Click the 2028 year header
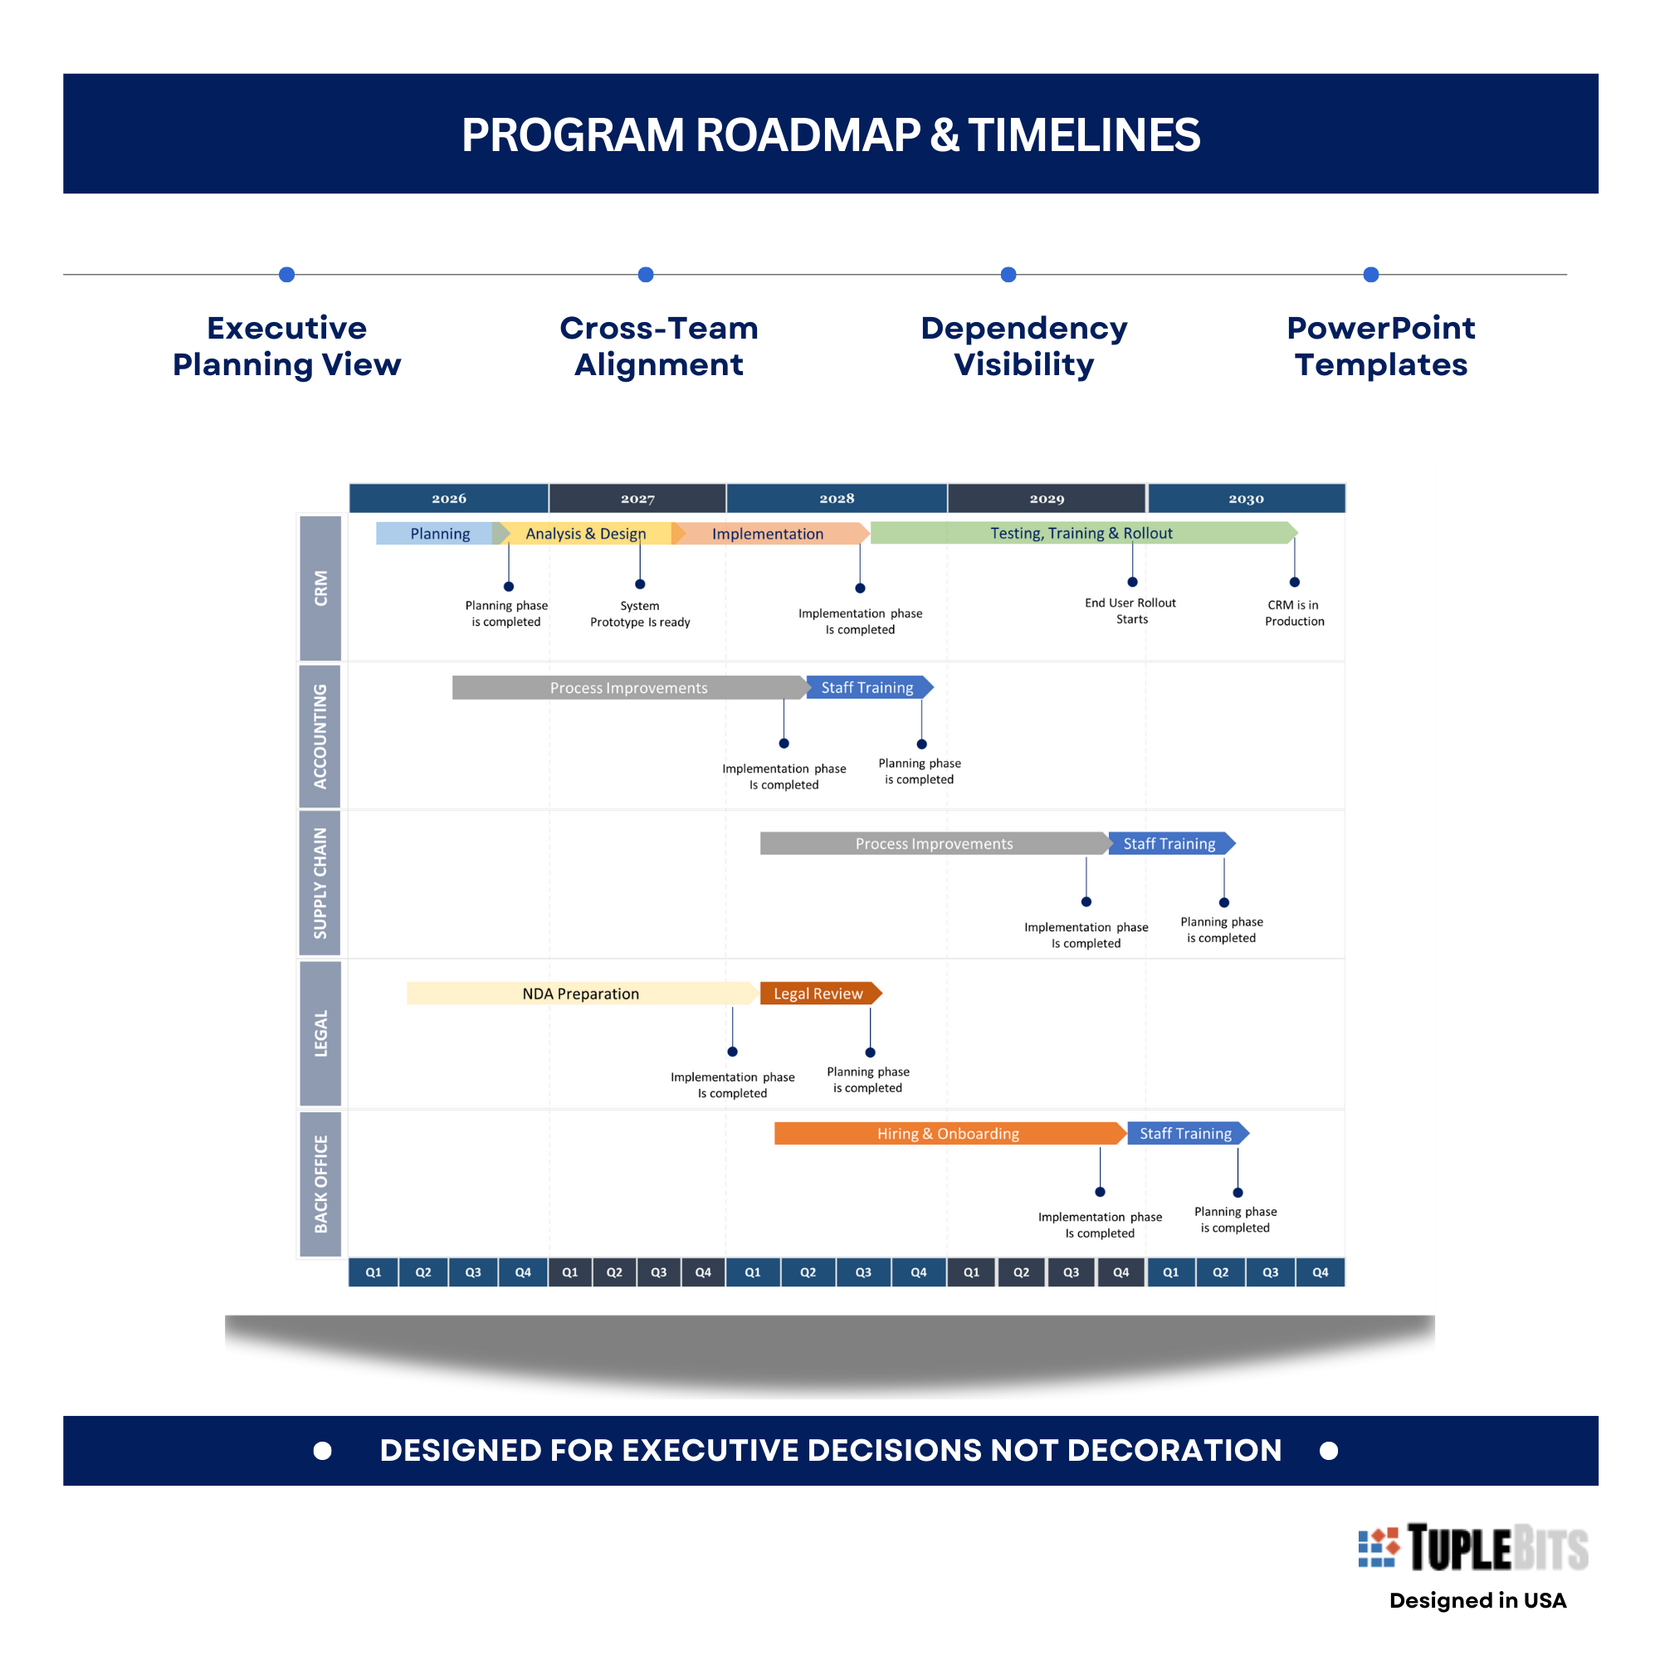pyautogui.click(x=836, y=498)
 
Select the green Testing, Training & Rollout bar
pyautogui.click(x=1081, y=533)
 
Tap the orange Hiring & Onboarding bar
pyautogui.click(x=948, y=1133)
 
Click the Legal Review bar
pyautogui.click(x=818, y=994)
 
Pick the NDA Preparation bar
pyautogui.click(x=581, y=994)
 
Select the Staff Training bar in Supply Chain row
pyautogui.click(x=1169, y=844)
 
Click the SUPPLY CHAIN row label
pyautogui.click(x=320, y=882)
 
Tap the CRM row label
pyautogui.click(x=320, y=588)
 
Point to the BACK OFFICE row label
pyautogui.click(x=320, y=1184)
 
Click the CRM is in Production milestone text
pyautogui.click(x=1294, y=613)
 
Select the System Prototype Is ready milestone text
pyautogui.click(x=640, y=613)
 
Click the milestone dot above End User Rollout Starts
pyautogui.click(x=1132, y=582)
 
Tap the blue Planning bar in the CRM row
pyautogui.click(x=438, y=534)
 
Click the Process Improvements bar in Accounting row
pyautogui.click(x=628, y=687)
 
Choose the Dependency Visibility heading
pyautogui.click(x=1023, y=345)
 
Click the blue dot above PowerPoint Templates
pyautogui.click(x=1371, y=275)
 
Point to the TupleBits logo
pyautogui.click(x=1472, y=1548)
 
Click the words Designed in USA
pyautogui.click(x=1477, y=1600)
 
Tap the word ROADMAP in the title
pyautogui.click(x=807, y=135)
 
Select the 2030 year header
pyautogui.click(x=1246, y=498)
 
